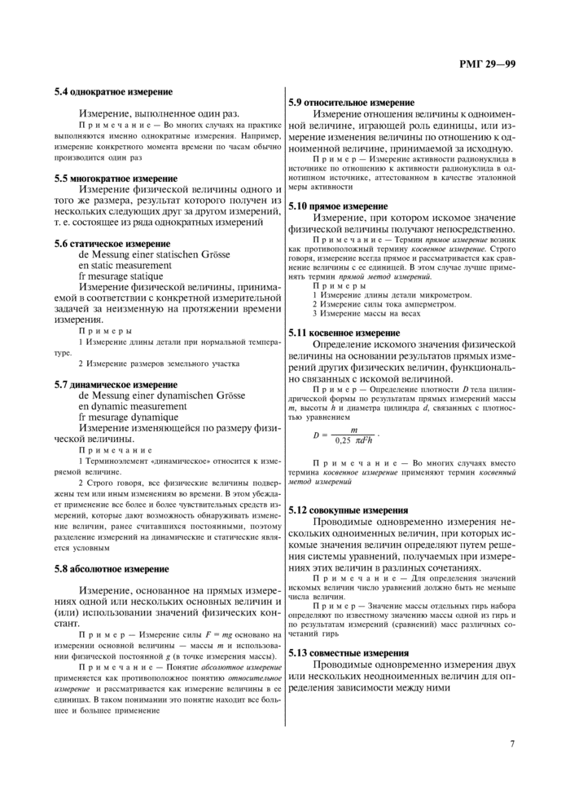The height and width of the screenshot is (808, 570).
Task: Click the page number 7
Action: pyautogui.click(x=512, y=743)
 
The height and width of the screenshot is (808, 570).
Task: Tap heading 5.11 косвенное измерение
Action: pyautogui.click(x=344, y=333)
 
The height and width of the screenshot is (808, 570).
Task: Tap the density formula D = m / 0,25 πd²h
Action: pyautogui.click(x=345, y=435)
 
